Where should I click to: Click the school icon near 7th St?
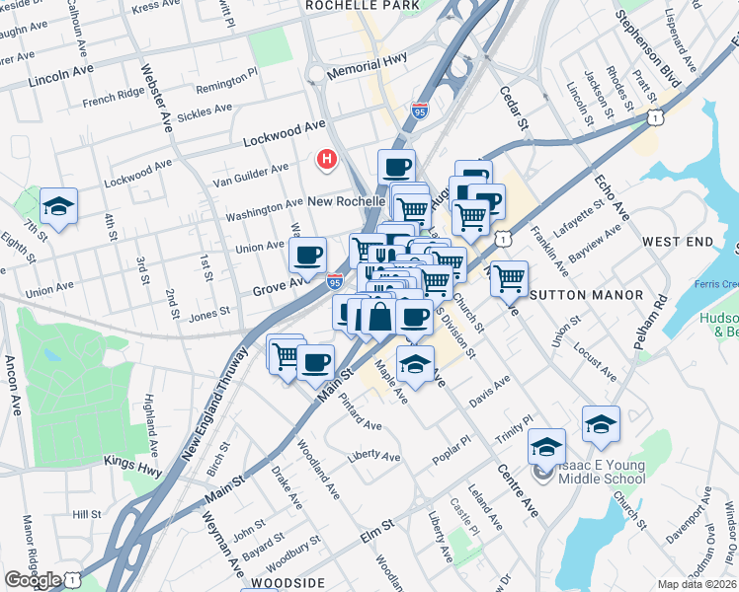point(59,206)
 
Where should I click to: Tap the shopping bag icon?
point(379,317)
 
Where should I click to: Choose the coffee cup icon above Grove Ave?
point(307,256)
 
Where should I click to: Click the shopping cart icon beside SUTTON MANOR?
point(509,278)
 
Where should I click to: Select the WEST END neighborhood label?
point(677,242)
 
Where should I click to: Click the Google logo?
point(33,580)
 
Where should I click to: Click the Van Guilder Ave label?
point(251,173)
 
